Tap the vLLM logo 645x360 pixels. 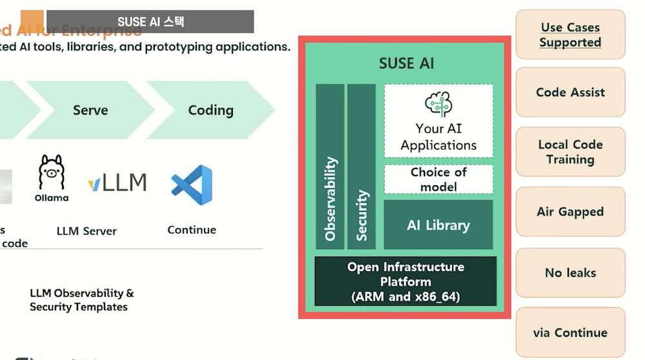click(117, 183)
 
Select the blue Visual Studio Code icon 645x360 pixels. click(192, 185)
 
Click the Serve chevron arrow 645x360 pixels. click(90, 110)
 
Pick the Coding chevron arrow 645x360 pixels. click(210, 110)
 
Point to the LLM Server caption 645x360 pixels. click(86, 231)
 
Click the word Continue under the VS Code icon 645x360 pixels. click(192, 230)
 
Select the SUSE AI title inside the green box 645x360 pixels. click(406, 64)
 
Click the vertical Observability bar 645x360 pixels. click(330, 166)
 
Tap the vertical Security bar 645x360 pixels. click(361, 166)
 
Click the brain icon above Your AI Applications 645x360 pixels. click(439, 104)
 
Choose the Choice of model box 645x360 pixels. click(439, 179)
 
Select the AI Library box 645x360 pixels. click(439, 225)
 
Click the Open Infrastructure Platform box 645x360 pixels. click(405, 282)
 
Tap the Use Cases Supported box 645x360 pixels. click(570, 35)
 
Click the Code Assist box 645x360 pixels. click(570, 92)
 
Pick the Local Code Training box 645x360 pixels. click(570, 152)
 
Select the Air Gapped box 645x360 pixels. click(570, 212)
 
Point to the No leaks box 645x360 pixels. click(570, 273)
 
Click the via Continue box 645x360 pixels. click(570, 333)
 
